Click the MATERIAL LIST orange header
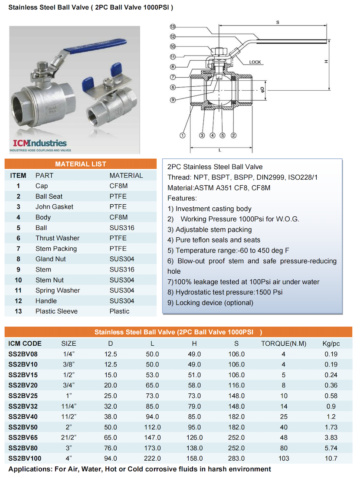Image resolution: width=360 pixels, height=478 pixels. [x=81, y=164]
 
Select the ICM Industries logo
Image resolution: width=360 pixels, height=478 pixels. [x=40, y=144]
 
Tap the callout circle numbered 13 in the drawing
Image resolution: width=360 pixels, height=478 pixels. [x=173, y=27]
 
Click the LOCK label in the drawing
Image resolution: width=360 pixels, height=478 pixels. [x=255, y=62]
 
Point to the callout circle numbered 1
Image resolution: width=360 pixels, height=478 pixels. [x=183, y=135]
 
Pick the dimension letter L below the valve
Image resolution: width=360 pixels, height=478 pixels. [x=220, y=150]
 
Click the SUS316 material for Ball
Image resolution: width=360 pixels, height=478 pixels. [x=122, y=228]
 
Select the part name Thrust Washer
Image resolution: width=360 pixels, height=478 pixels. [x=57, y=238]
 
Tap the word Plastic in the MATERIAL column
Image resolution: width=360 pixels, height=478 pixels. [x=119, y=311]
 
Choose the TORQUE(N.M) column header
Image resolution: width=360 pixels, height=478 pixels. [x=284, y=344]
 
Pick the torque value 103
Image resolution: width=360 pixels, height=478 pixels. [x=284, y=458]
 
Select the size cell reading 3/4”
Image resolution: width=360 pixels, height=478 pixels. [x=69, y=385]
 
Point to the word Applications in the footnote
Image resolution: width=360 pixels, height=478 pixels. [x=29, y=469]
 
